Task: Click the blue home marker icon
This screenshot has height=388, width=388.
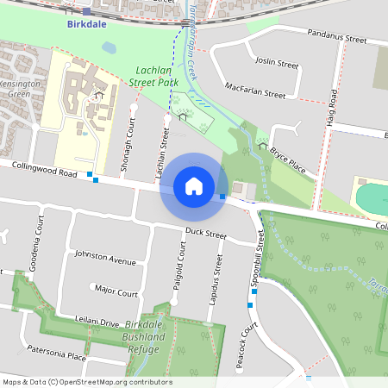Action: coord(194,185)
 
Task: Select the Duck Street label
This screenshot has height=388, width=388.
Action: coord(205,234)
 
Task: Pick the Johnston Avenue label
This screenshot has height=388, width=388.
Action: coord(105,258)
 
